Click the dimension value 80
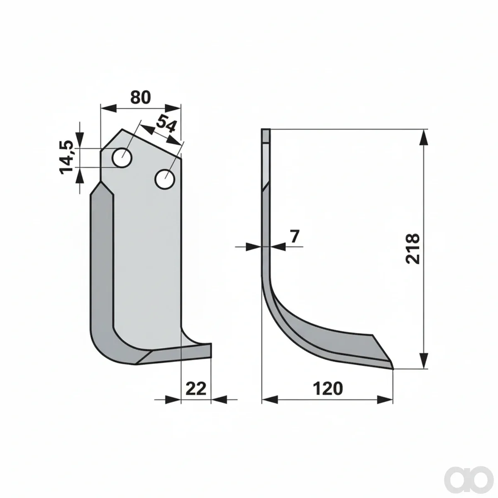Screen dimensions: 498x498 (140, 98)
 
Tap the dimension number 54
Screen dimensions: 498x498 (166, 124)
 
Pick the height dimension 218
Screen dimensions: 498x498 (413, 249)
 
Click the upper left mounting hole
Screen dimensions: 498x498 (122, 158)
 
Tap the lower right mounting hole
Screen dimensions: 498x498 (165, 179)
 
